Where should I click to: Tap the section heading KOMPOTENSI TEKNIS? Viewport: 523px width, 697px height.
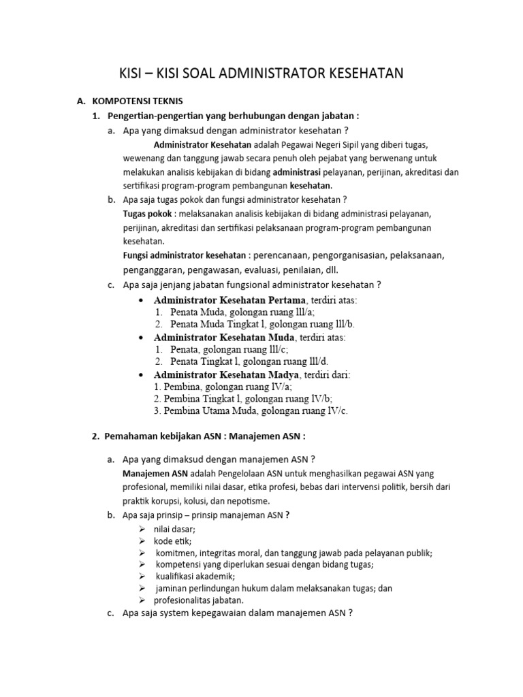click(x=136, y=101)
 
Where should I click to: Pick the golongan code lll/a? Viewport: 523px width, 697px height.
click(x=300, y=312)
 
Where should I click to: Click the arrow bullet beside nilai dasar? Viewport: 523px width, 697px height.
click(x=142, y=529)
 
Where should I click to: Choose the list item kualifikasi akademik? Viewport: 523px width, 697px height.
click(x=195, y=577)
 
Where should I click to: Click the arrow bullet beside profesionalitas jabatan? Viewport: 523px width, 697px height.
click(x=142, y=600)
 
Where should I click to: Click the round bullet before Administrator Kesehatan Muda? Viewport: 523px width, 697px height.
click(x=140, y=338)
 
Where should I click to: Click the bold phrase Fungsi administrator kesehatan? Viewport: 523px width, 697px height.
click(x=184, y=256)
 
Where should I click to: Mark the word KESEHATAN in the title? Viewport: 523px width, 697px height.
click(x=365, y=73)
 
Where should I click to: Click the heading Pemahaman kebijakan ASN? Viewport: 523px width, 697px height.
click(x=161, y=436)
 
